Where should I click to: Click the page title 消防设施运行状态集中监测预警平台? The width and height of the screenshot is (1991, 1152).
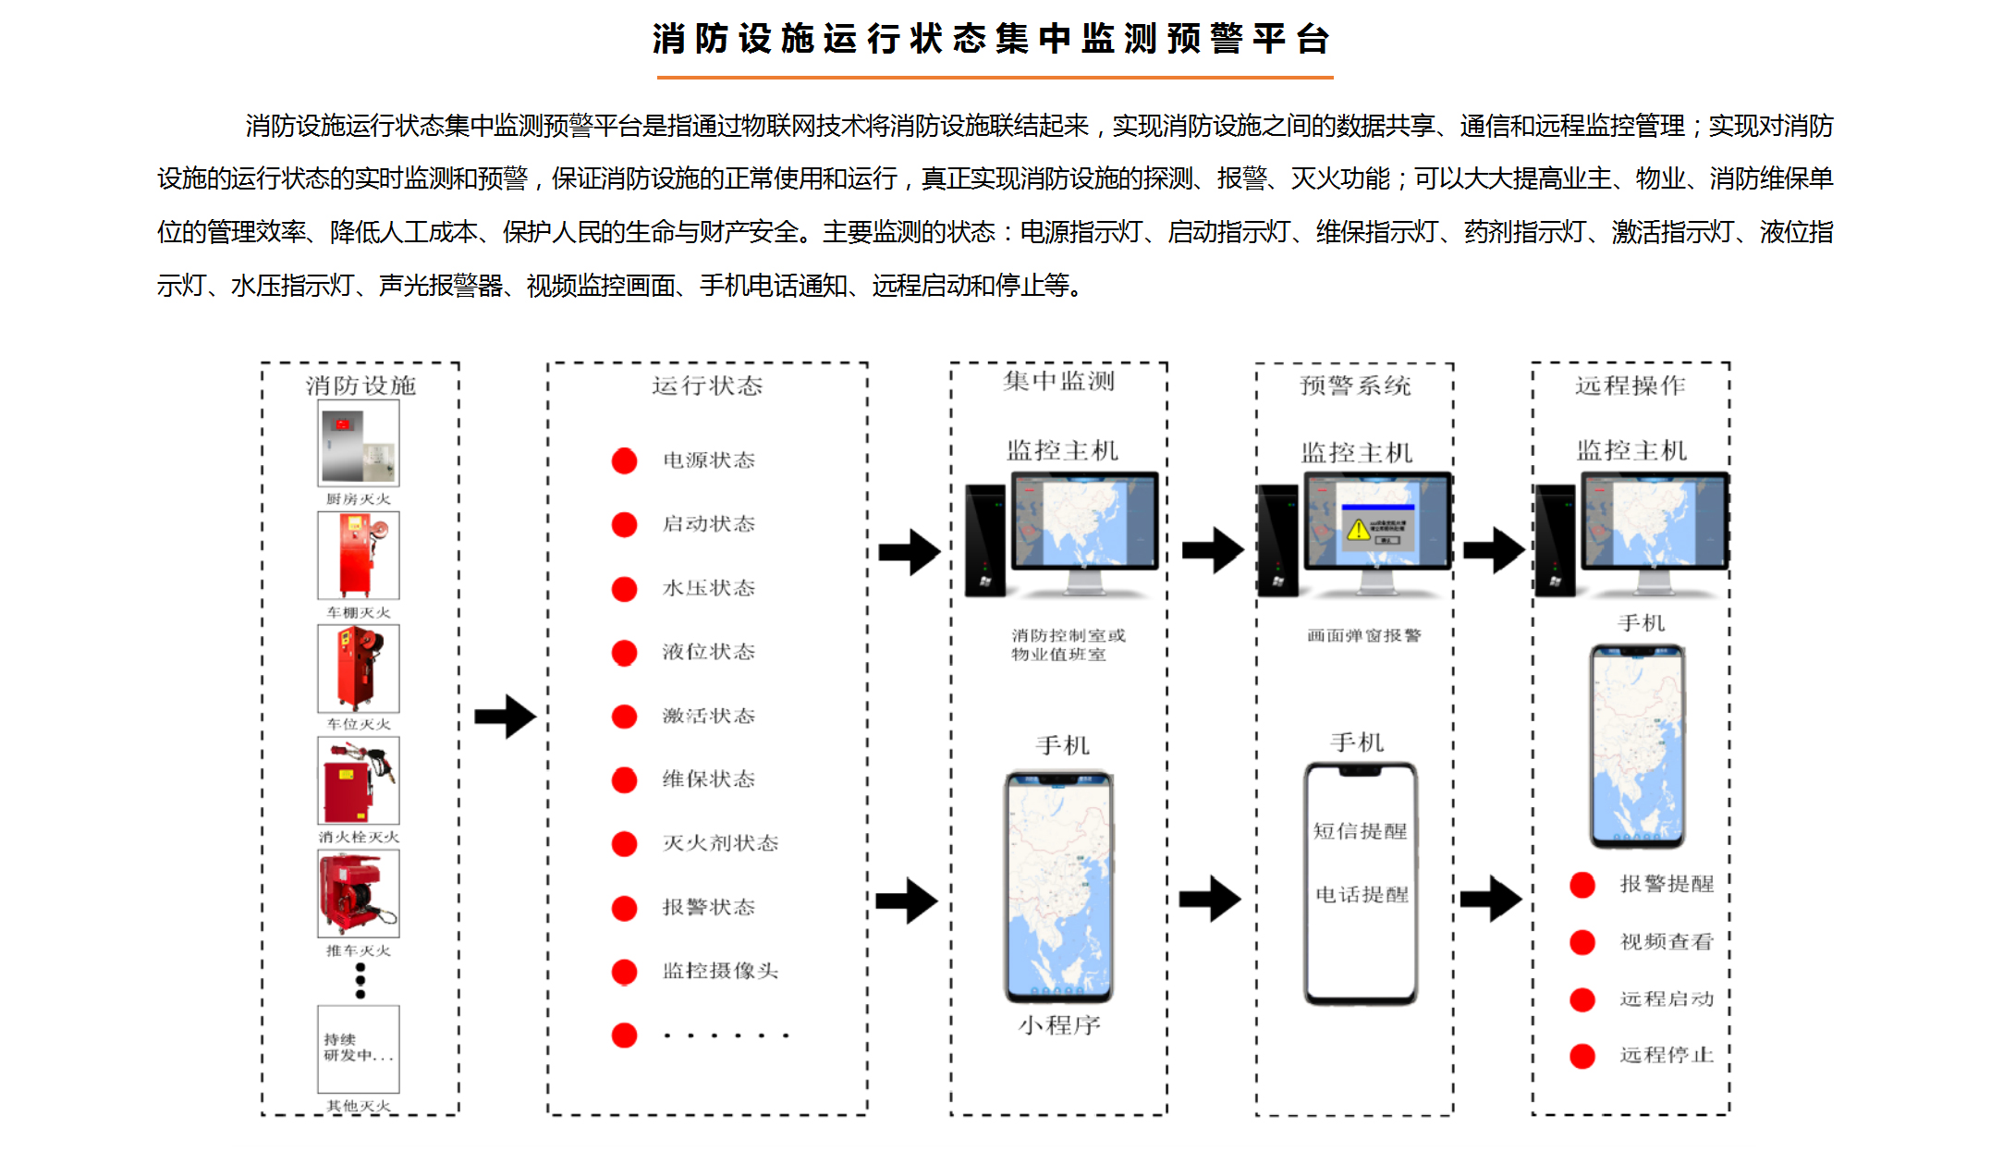993,39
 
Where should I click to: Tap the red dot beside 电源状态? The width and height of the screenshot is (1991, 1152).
624,460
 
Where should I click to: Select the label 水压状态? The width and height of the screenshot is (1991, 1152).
708,588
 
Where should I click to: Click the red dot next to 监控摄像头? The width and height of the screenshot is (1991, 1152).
624,971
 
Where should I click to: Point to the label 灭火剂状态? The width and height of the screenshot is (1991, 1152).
720,843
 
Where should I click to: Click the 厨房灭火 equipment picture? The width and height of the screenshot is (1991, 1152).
359,443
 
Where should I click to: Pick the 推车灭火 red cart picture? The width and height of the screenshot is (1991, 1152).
359,893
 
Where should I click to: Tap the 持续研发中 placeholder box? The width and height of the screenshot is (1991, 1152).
359,1048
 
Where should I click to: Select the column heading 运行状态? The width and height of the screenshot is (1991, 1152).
707,386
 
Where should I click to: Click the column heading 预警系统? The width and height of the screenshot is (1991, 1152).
1355,386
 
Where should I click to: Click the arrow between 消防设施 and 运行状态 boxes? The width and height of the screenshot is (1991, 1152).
505,717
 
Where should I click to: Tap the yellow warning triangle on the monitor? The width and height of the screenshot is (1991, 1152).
1358,530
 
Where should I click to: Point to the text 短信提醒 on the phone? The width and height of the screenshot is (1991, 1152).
1360,831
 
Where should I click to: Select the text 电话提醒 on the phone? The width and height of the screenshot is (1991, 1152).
1362,895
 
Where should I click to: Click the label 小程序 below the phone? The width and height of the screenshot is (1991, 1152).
1059,1025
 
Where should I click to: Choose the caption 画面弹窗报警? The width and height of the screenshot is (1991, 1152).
1363,635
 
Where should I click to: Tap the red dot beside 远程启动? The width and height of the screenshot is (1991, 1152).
1582,999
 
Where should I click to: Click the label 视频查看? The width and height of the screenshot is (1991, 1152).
1667,942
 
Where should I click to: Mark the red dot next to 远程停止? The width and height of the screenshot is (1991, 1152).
1582,1056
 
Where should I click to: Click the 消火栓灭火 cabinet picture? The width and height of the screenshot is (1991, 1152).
359,780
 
